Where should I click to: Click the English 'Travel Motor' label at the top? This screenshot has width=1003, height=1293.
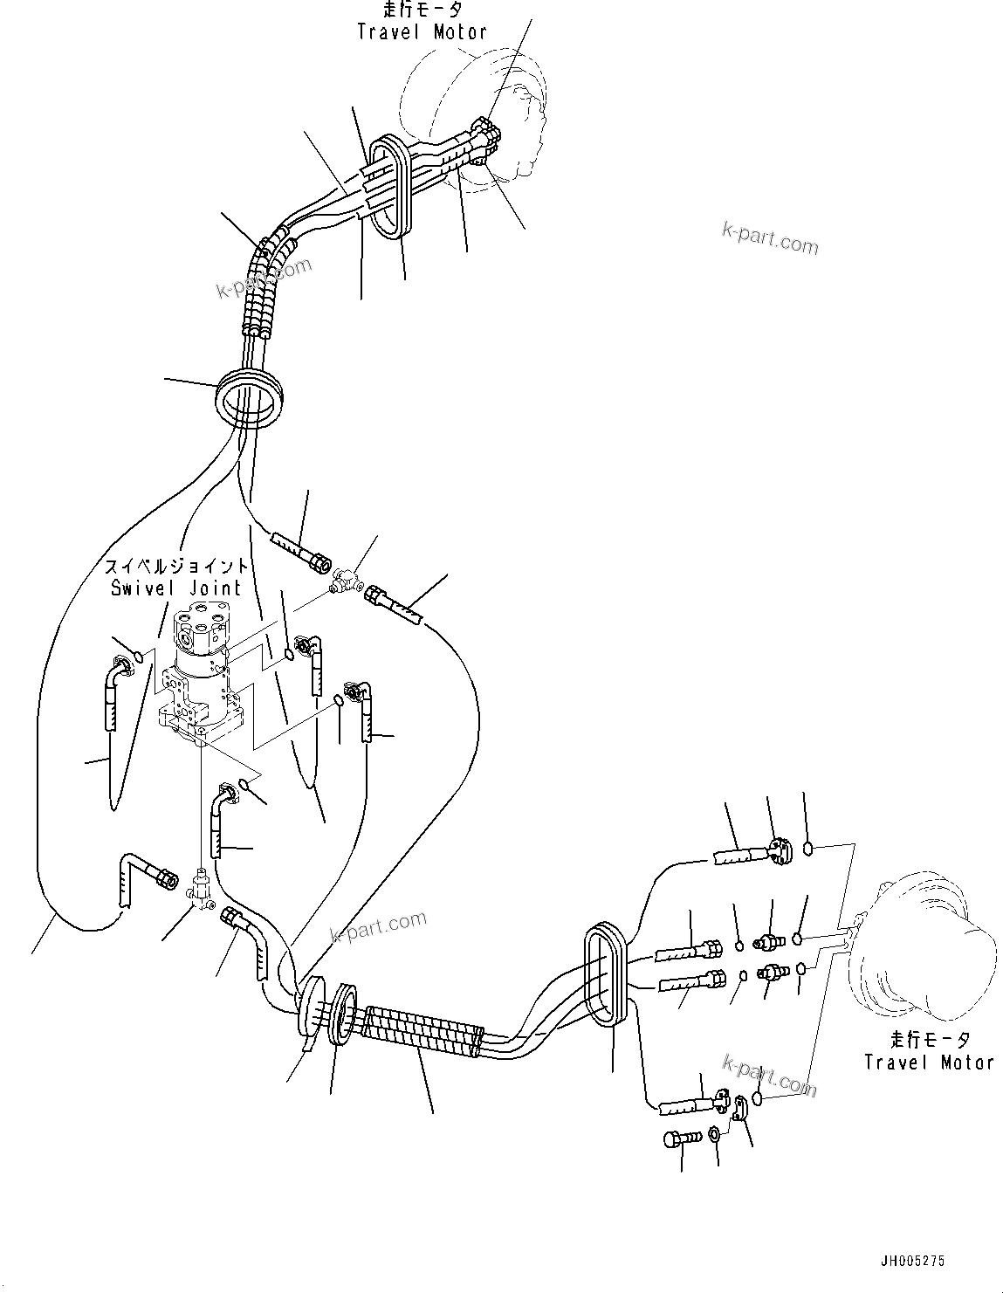click(x=422, y=32)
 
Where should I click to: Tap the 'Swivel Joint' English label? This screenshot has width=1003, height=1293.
click(x=175, y=588)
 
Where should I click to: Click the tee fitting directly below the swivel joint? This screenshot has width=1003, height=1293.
click(x=202, y=890)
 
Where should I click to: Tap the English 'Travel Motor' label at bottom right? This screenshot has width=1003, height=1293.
click(x=929, y=1063)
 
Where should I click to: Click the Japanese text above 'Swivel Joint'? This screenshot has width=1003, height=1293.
click(x=175, y=566)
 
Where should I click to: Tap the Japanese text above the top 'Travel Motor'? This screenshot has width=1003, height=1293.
click(x=422, y=10)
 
